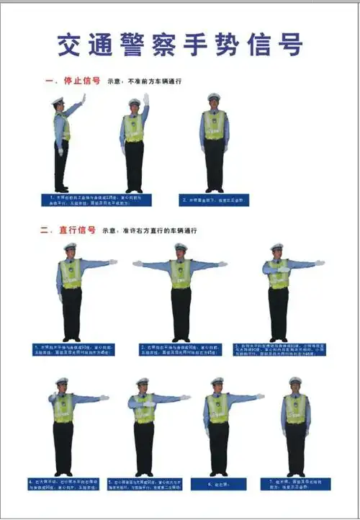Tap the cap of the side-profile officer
pyautogui.click(x=58, y=102)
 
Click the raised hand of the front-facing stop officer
pyautogui.click(x=145, y=99)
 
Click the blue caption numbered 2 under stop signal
pyautogui.click(x=214, y=200)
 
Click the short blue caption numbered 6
pyautogui.click(x=218, y=484)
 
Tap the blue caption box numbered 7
pyautogui.click(x=295, y=484)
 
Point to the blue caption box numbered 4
pyautogui.click(x=63, y=484)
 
